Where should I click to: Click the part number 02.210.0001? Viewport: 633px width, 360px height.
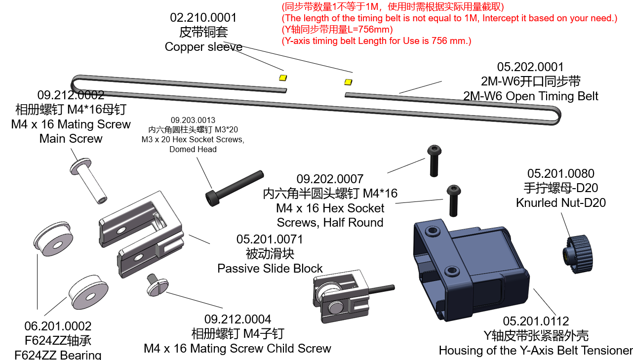click(x=203, y=18)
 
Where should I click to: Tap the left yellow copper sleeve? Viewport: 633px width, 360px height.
click(x=283, y=77)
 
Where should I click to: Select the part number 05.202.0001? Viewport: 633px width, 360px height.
click(x=530, y=67)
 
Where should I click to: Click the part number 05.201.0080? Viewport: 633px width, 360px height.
click(x=561, y=173)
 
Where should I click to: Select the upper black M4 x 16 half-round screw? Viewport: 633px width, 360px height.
click(x=434, y=160)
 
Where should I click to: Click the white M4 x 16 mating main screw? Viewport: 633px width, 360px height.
click(x=90, y=182)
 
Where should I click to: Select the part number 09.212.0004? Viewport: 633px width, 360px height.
click(x=237, y=319)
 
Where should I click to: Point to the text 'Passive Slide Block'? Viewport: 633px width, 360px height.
click(x=270, y=269)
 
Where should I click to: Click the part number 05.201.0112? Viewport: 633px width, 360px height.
click(x=536, y=321)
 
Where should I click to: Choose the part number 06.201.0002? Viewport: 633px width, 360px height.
click(x=58, y=326)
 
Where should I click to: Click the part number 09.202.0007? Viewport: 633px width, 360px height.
click(x=330, y=179)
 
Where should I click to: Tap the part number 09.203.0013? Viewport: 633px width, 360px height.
click(x=193, y=120)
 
